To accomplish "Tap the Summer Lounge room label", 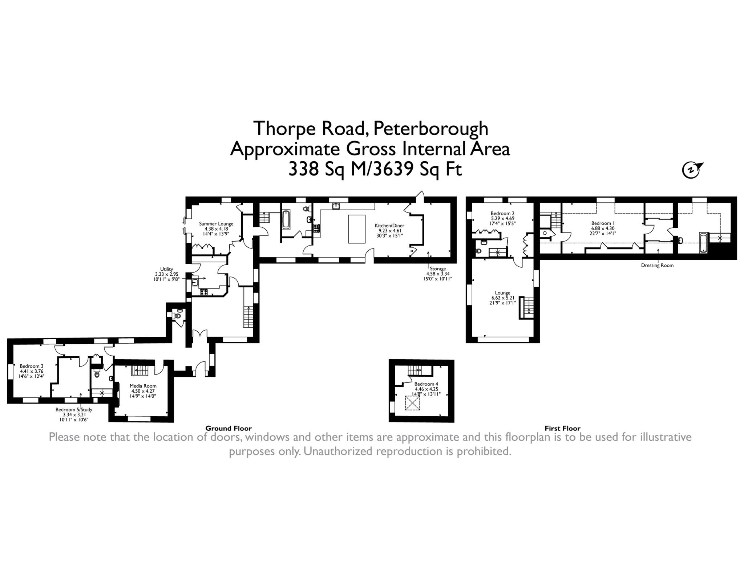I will coord(216,224).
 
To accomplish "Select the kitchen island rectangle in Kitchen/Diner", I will coord(356,229).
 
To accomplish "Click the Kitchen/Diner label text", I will coord(389,226).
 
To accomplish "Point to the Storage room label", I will coord(437,268).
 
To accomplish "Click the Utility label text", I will coord(167,269).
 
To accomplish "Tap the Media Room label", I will coord(143,386).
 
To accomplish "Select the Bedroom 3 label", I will coord(32,366).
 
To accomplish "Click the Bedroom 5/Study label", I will coord(74,409).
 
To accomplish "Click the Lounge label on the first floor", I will coord(502,293).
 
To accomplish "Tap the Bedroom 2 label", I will coord(502,214).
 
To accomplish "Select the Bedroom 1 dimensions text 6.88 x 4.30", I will coord(603,228).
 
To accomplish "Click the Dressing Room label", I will coord(657,265).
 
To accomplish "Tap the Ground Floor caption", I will coord(229,428).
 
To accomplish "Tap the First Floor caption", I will coord(562,428).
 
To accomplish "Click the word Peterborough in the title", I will coord(430,128).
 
